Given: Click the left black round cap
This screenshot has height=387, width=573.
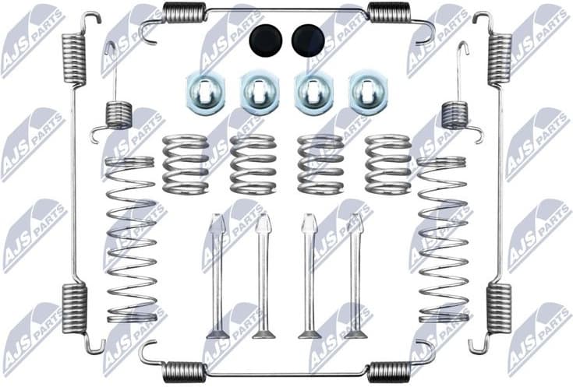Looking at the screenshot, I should coord(265,39).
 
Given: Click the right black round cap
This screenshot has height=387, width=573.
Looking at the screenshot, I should coord(308,39).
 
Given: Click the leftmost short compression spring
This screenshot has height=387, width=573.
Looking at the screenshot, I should coord(186,164).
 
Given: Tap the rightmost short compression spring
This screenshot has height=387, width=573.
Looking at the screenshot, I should coord(387,164).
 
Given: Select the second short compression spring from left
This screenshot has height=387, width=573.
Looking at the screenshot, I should coord(253,164).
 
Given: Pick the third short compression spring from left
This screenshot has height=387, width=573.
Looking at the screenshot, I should coord(320,164).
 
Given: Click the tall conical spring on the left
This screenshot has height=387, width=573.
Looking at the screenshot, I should coord(130,238).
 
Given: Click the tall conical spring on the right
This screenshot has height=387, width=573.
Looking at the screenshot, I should coord(444,238).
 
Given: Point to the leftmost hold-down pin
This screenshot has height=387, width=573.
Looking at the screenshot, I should coord(218,276).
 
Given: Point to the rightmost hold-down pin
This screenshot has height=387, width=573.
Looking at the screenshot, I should coord(355,276).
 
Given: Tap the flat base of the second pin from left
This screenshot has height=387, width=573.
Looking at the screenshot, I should coord(264,335).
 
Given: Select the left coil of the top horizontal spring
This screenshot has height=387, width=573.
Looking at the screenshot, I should coord(185,12).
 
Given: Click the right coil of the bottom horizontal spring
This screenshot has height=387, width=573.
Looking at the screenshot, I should coord(388,371).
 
